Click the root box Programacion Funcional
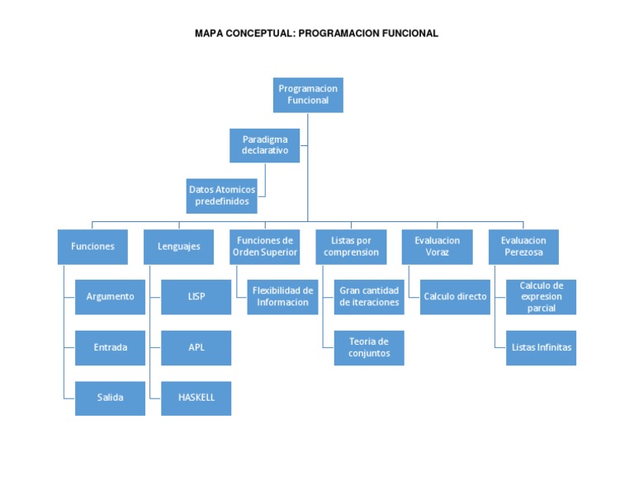pos(308,94)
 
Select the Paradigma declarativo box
pos(265,145)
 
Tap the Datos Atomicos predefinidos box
pos(221,195)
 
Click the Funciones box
pos(92,247)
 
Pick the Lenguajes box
pos(178,247)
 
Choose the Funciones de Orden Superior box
pos(265,247)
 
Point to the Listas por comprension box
pos(351,247)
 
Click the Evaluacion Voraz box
pos(438,247)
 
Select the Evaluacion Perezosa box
pos(523,247)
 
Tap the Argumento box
pos(110,296)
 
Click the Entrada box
pos(110,347)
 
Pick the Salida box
pos(110,398)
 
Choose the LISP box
pos(196,296)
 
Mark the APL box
pos(196,347)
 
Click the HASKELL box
pos(196,398)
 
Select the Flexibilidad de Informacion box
pos(282,296)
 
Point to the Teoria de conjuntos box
pos(369,347)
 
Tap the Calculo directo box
pos(455,296)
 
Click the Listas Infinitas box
pos(541,347)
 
